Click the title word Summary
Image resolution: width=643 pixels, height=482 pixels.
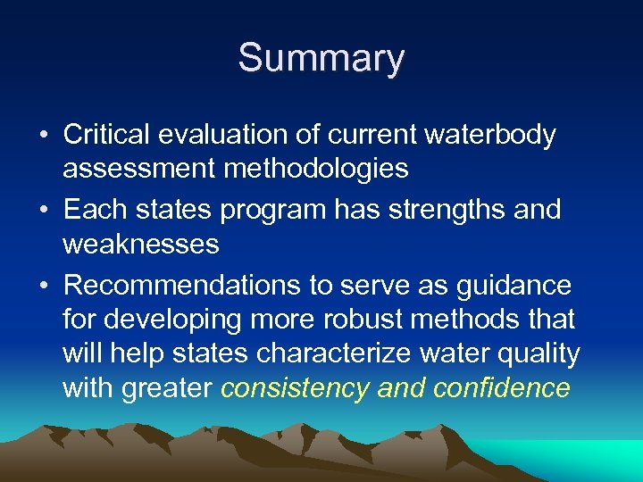[321, 59]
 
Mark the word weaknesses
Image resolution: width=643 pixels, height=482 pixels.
[141, 244]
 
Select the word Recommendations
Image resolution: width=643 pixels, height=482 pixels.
[165, 286]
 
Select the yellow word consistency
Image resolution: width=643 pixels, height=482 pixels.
[296, 387]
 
